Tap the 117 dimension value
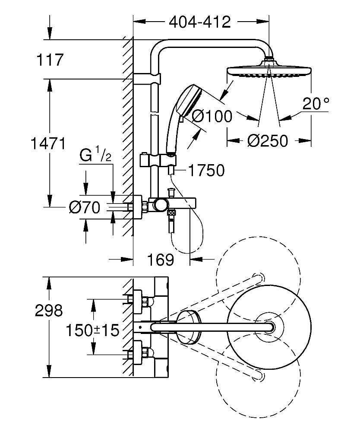50,60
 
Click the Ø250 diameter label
268,140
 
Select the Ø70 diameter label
85,208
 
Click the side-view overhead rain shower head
268,71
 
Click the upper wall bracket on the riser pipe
147,79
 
